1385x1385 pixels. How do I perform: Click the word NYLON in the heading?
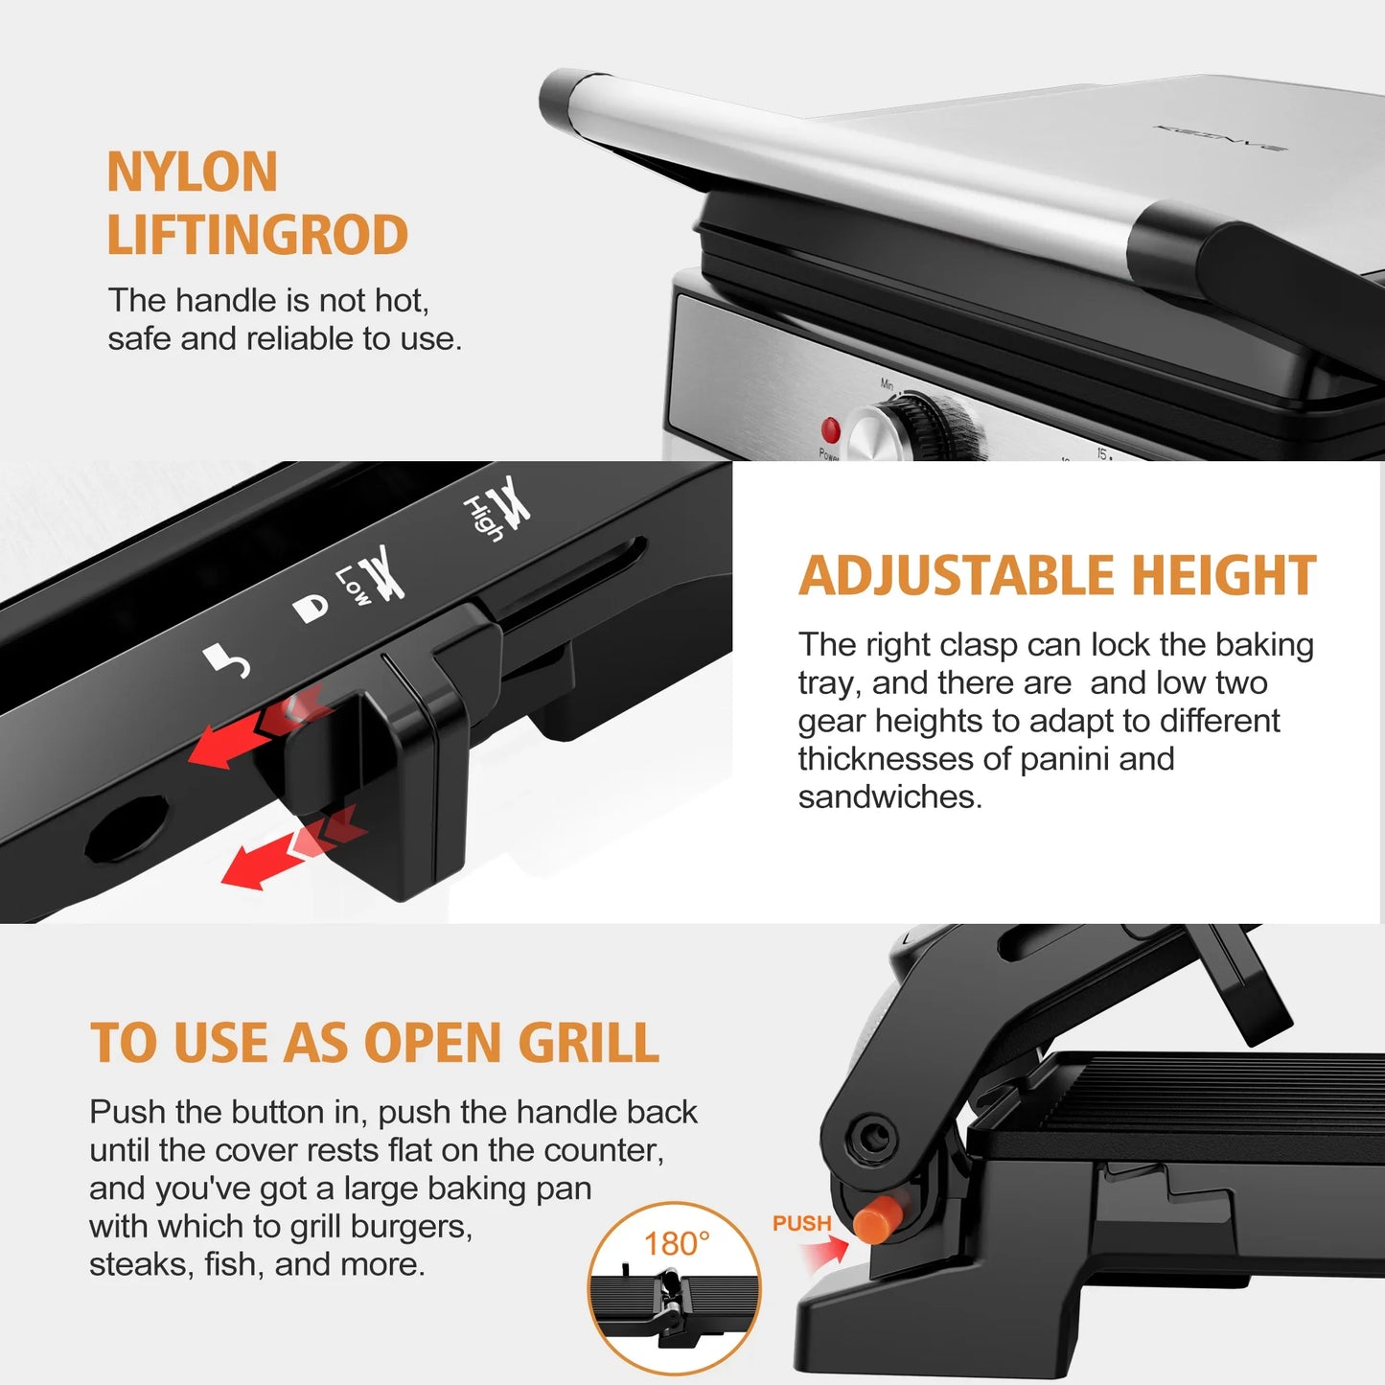(x=192, y=173)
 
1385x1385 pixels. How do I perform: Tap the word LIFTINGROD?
(x=257, y=236)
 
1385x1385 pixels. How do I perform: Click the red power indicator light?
(x=830, y=429)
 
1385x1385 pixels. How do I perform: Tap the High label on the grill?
(x=483, y=518)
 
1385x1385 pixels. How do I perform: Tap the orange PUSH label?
(x=801, y=1224)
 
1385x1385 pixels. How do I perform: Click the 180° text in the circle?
(x=676, y=1244)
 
